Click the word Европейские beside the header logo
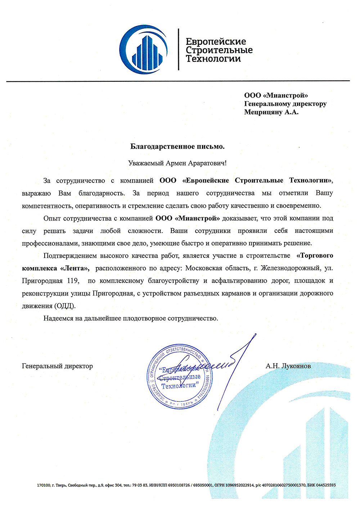coord(216,41)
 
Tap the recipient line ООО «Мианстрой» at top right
coord(276,95)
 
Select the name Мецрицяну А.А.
coord(271,112)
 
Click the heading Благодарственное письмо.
coord(177,147)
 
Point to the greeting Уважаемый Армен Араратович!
coord(177,163)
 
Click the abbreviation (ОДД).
coord(65,306)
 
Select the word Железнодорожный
coord(291,268)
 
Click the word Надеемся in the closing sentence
coord(58,318)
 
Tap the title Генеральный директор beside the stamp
coord(57,366)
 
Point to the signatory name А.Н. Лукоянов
coord(288,366)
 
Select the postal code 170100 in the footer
coord(43,485)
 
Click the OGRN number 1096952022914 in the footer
coord(242,485)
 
